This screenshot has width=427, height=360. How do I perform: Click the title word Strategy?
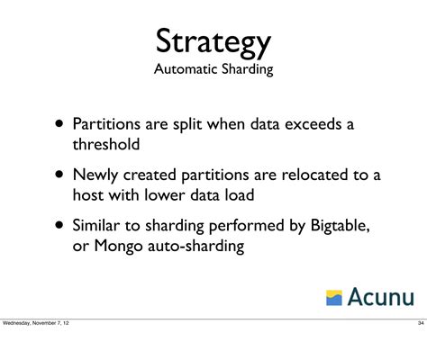click(x=213, y=40)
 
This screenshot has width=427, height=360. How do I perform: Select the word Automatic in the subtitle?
click(x=185, y=70)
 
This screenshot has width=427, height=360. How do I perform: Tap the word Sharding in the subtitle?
click(x=245, y=70)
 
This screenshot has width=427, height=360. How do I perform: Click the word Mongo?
click(x=117, y=245)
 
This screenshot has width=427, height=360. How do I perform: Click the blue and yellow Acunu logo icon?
click(x=333, y=296)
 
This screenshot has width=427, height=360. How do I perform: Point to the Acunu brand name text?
click(x=379, y=295)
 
